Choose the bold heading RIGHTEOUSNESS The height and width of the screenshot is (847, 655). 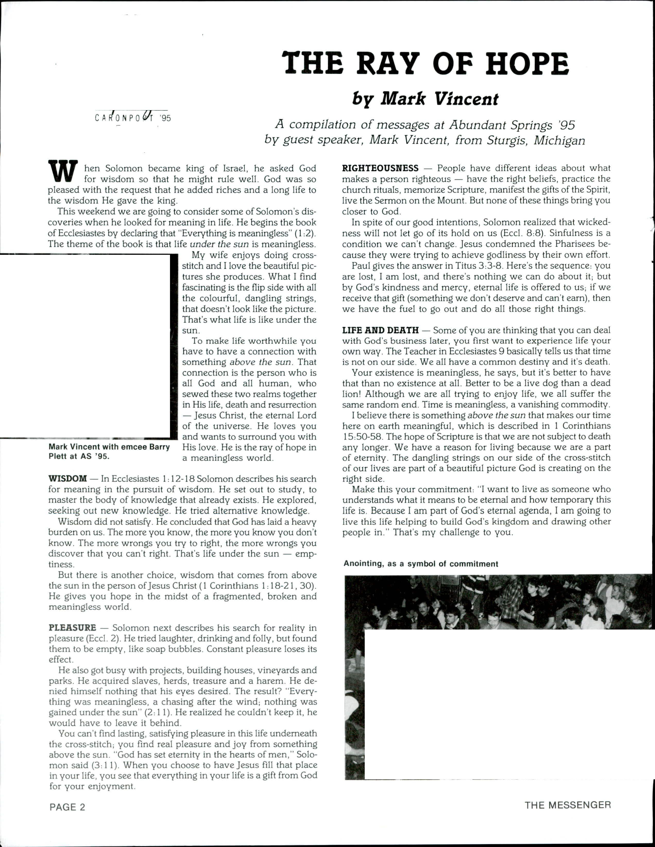click(380, 168)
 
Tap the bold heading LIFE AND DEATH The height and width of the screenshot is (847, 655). click(380, 330)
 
